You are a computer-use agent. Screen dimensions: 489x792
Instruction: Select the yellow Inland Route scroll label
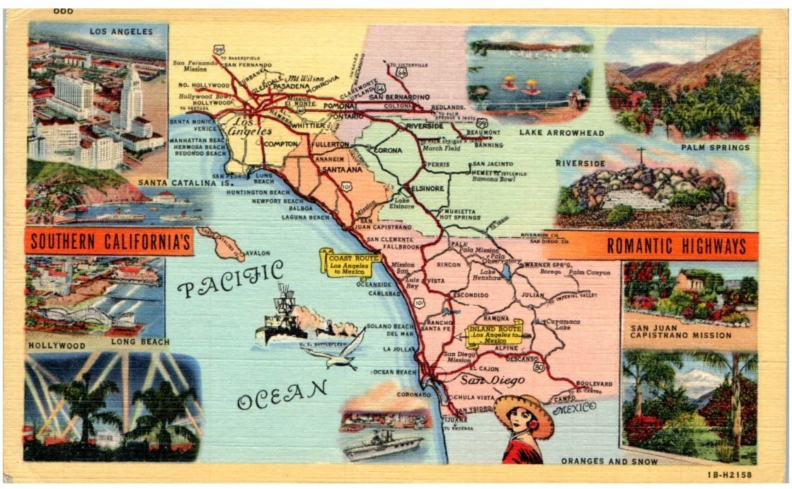pos(495,333)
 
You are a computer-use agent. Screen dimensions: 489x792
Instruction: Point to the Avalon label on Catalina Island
pos(258,253)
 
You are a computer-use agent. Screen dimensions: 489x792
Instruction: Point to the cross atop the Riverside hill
pos(641,155)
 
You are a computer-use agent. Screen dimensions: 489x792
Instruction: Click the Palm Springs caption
pos(715,147)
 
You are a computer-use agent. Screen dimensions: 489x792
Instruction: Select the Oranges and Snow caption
pos(609,461)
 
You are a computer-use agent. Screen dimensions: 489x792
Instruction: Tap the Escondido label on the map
pos(471,294)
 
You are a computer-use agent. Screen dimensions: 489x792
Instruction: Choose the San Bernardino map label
pos(398,96)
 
